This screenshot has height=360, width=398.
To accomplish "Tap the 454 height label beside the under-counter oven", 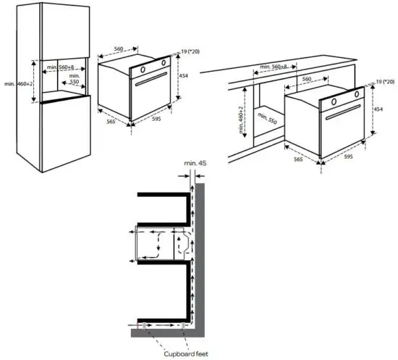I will pyautogui.click(x=378, y=109).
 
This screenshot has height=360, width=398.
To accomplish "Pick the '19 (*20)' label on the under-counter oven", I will pyautogui.click(x=383, y=84).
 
